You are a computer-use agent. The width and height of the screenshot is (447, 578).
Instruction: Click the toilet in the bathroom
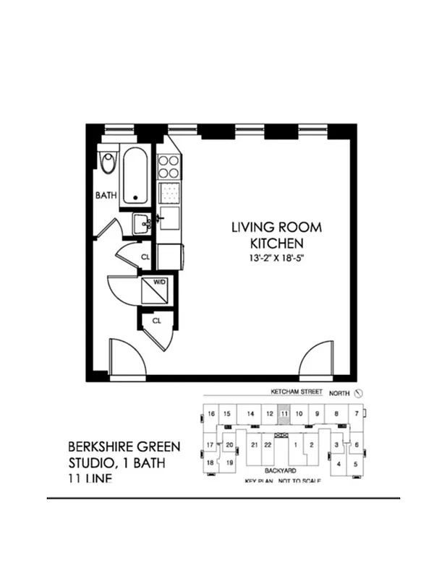click(x=108, y=162)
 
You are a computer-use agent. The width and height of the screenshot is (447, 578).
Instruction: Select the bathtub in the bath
click(x=136, y=176)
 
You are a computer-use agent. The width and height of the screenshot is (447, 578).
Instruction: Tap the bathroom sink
click(x=142, y=223)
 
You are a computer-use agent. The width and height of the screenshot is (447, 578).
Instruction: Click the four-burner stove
click(x=169, y=168)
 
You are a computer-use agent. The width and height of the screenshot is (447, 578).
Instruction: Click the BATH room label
click(x=107, y=195)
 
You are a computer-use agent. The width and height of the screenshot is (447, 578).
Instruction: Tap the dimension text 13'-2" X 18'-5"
click(x=276, y=259)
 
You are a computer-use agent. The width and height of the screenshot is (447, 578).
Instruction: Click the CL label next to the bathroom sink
click(x=145, y=256)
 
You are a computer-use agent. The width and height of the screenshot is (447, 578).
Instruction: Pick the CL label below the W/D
click(x=156, y=319)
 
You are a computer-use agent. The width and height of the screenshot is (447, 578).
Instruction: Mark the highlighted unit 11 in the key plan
click(x=284, y=414)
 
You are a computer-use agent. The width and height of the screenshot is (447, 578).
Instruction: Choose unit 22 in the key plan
click(x=268, y=444)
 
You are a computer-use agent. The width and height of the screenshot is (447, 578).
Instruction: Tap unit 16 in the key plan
click(x=210, y=414)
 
